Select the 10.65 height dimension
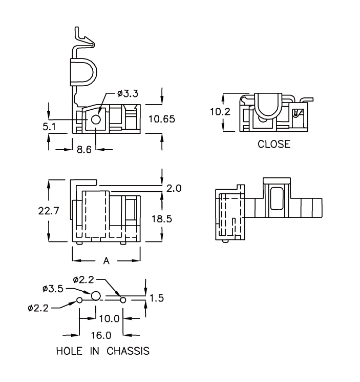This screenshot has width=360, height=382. point(162,119)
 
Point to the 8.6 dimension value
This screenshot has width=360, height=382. point(84,150)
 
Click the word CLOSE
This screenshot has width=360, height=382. point(274,144)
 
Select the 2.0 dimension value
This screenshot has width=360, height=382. point(174,188)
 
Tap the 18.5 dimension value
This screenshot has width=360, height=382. point(162,219)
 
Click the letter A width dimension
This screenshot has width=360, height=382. point(107,261)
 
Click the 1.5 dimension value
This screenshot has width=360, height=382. point(157,298)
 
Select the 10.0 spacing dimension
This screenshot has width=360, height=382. point(109,318)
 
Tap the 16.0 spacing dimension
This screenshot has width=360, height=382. point(101,336)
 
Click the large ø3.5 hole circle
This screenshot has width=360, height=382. point(96,296)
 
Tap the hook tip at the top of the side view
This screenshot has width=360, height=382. point(90,44)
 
